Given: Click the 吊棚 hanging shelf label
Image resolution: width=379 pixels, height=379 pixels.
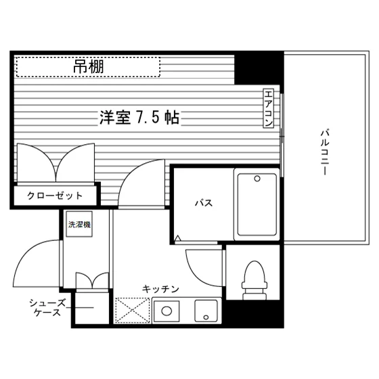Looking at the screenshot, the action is click(89, 67).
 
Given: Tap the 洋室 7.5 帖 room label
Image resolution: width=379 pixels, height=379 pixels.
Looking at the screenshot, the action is click(139, 118).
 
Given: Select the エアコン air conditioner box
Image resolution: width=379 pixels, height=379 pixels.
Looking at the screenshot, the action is click(268, 108).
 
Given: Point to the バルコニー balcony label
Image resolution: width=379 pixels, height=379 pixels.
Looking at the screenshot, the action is click(325, 152).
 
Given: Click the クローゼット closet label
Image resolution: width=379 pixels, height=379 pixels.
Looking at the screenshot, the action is click(55, 196).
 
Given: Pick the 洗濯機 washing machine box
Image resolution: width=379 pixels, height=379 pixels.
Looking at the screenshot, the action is click(79, 224).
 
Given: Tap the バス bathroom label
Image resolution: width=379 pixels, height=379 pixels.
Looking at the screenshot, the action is click(204, 203).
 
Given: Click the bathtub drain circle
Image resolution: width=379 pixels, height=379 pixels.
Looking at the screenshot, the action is click(257, 179).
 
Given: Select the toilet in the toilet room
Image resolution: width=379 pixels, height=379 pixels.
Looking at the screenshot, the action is click(254, 280).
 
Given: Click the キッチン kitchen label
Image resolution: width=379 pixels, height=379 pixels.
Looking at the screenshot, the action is click(160, 289).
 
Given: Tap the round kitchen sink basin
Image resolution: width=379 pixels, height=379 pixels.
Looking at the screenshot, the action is click(166, 311).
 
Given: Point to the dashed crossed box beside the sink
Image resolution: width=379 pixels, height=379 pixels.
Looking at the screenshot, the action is click(132, 311).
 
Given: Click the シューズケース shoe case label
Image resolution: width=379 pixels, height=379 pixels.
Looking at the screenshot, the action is click(47, 308).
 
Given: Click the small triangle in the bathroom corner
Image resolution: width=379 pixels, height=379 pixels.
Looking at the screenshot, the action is click(177, 238).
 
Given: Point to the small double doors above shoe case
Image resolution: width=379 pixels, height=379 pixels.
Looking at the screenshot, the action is click(92, 280).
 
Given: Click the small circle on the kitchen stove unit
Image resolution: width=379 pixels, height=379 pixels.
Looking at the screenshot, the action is click(206, 317).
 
